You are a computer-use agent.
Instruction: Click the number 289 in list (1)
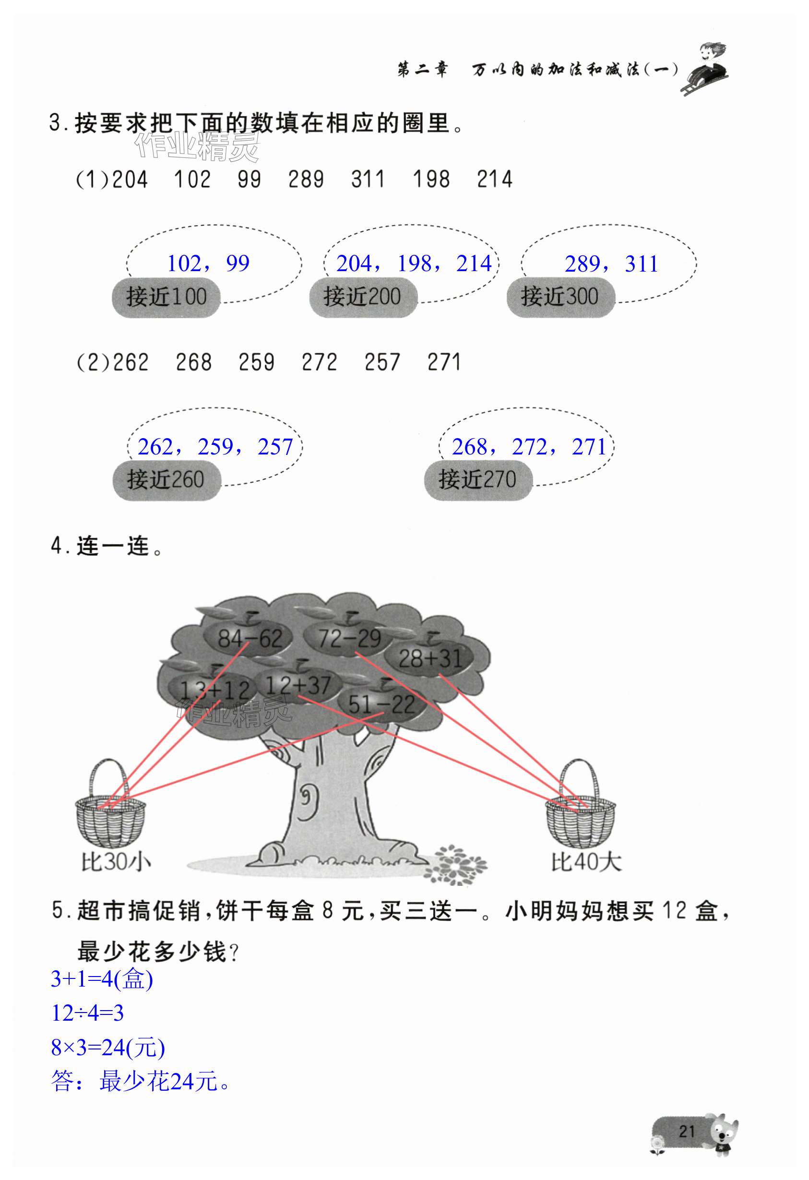pyautogui.click(x=306, y=180)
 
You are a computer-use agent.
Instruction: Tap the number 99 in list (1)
pyautogui.click(x=250, y=180)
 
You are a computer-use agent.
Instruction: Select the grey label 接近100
pyautogui.click(x=166, y=297)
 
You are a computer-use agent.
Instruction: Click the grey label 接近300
pyautogui.click(x=560, y=297)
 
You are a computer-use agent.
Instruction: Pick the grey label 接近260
pyautogui.click(x=166, y=480)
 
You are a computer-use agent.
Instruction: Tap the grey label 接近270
pyautogui.click(x=478, y=480)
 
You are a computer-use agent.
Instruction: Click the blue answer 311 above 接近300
pyautogui.click(x=642, y=264)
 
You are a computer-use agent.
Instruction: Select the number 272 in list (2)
pyautogui.click(x=319, y=362)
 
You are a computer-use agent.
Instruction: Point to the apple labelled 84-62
pyautogui.click(x=250, y=638)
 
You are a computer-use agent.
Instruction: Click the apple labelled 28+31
pyautogui.click(x=429, y=658)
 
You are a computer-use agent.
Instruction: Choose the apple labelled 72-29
pyautogui.click(x=349, y=638)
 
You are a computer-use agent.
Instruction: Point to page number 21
pyautogui.click(x=687, y=1132)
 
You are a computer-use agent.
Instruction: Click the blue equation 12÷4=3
pyautogui.click(x=87, y=1013)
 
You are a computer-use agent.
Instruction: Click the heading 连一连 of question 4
pyautogui.click(x=113, y=547)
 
